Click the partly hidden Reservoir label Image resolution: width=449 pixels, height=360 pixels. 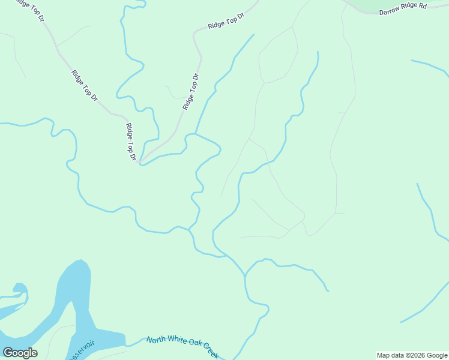pyautogui.click(x=81, y=350)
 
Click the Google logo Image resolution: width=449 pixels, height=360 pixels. pyautogui.click(x=20, y=353)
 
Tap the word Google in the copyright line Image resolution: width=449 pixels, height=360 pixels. pyautogui.click(x=437, y=355)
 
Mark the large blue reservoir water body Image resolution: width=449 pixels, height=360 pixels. pyautogui.click(x=74, y=300)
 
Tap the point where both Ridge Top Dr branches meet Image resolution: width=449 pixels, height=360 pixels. pyautogui.click(x=139, y=161)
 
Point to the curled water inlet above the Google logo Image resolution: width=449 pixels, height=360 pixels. pyautogui.click(x=18, y=292)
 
